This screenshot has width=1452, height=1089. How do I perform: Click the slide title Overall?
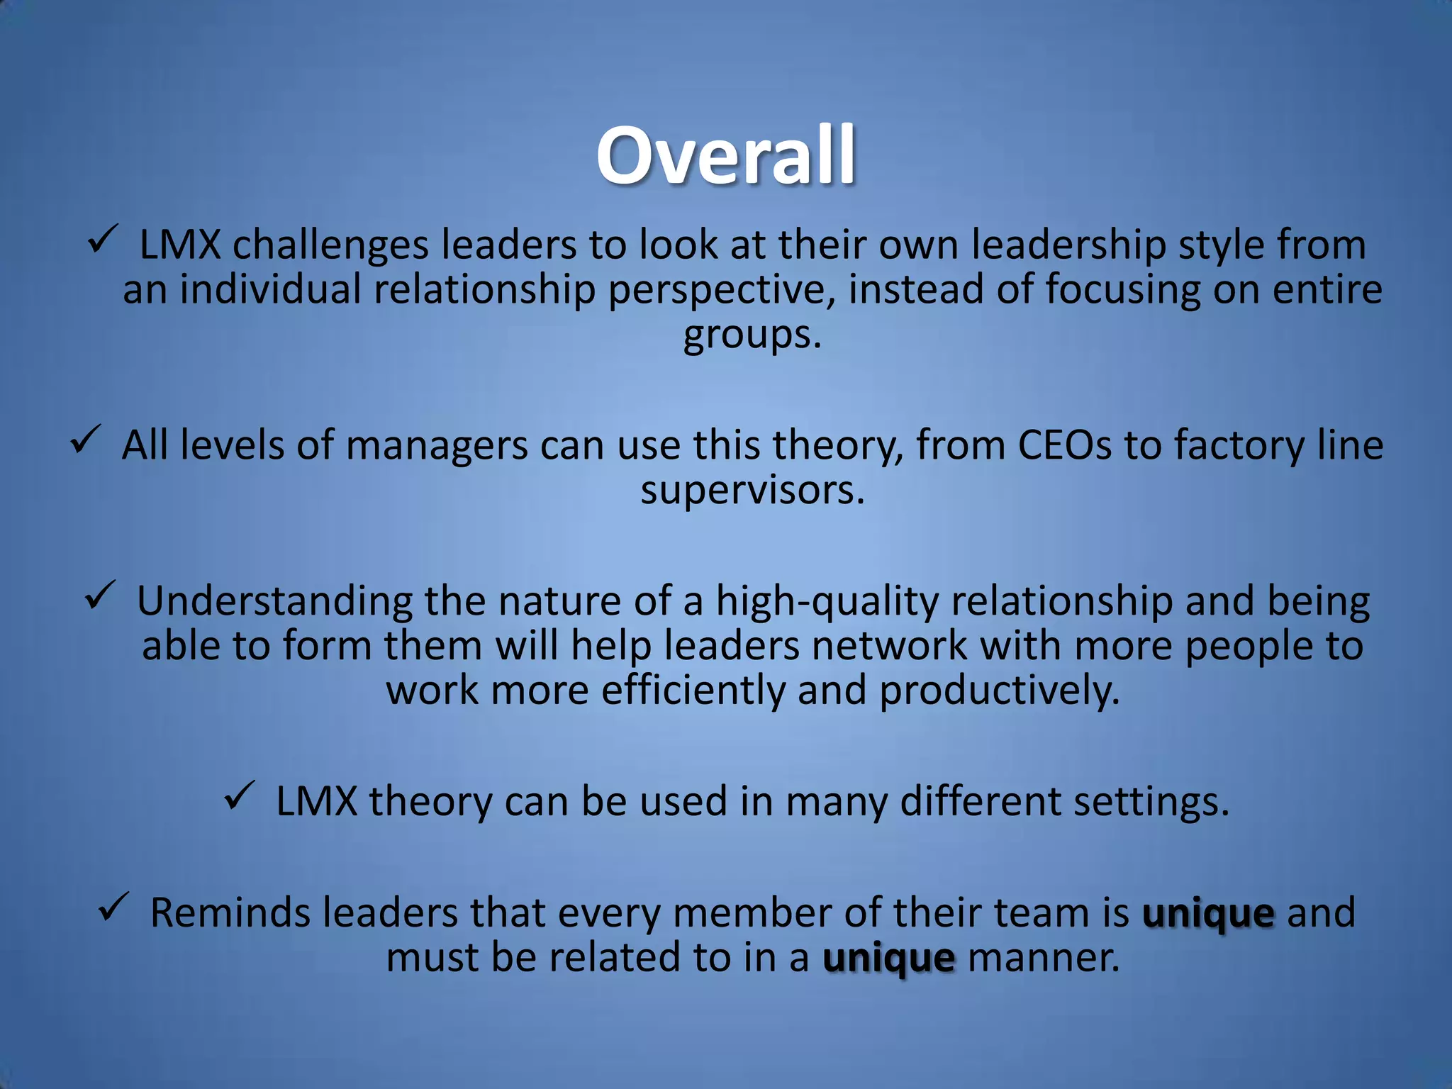coord(726,156)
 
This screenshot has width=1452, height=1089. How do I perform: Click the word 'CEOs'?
coord(1065,446)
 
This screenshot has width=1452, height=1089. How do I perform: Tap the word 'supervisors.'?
coord(753,491)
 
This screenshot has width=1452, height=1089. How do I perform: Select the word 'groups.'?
coord(752,335)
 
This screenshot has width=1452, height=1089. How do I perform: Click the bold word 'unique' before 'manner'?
coord(889,959)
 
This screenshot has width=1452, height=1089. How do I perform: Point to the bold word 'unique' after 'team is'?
coord(1208,913)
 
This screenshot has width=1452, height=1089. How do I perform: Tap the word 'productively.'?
coord(1000,691)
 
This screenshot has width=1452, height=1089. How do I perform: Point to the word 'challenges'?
coord(331,245)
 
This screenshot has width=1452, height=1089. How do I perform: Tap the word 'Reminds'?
coord(230,913)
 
